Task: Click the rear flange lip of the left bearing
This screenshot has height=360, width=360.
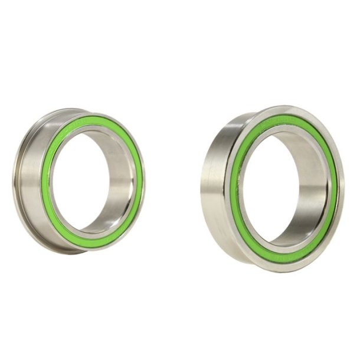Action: [x=16, y=177]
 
